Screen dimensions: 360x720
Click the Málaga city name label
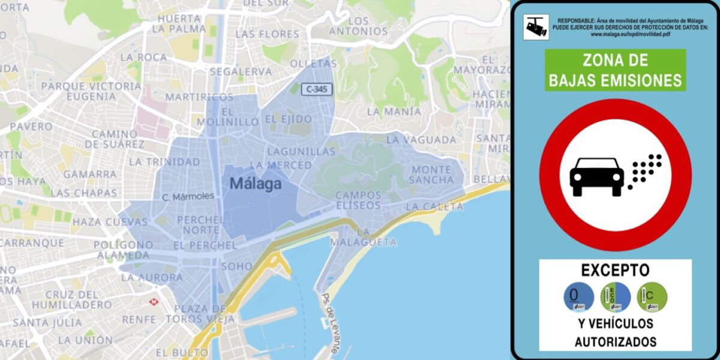pos(255,184)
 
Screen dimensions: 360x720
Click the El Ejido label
pos(288,119)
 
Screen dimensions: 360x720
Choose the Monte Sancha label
pos(432,175)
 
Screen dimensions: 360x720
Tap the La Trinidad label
pos(164,162)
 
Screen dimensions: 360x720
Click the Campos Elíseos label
pos(358,200)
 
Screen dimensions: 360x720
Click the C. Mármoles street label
pos(188,197)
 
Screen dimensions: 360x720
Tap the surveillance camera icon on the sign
pos(536,27)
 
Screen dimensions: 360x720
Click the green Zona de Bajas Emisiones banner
pos(615,70)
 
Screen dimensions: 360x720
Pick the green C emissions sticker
pos(652,297)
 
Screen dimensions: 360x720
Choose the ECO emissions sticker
pos(615,297)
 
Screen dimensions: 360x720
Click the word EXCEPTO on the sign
pos(615,270)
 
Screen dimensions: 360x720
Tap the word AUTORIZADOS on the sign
pos(615,342)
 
